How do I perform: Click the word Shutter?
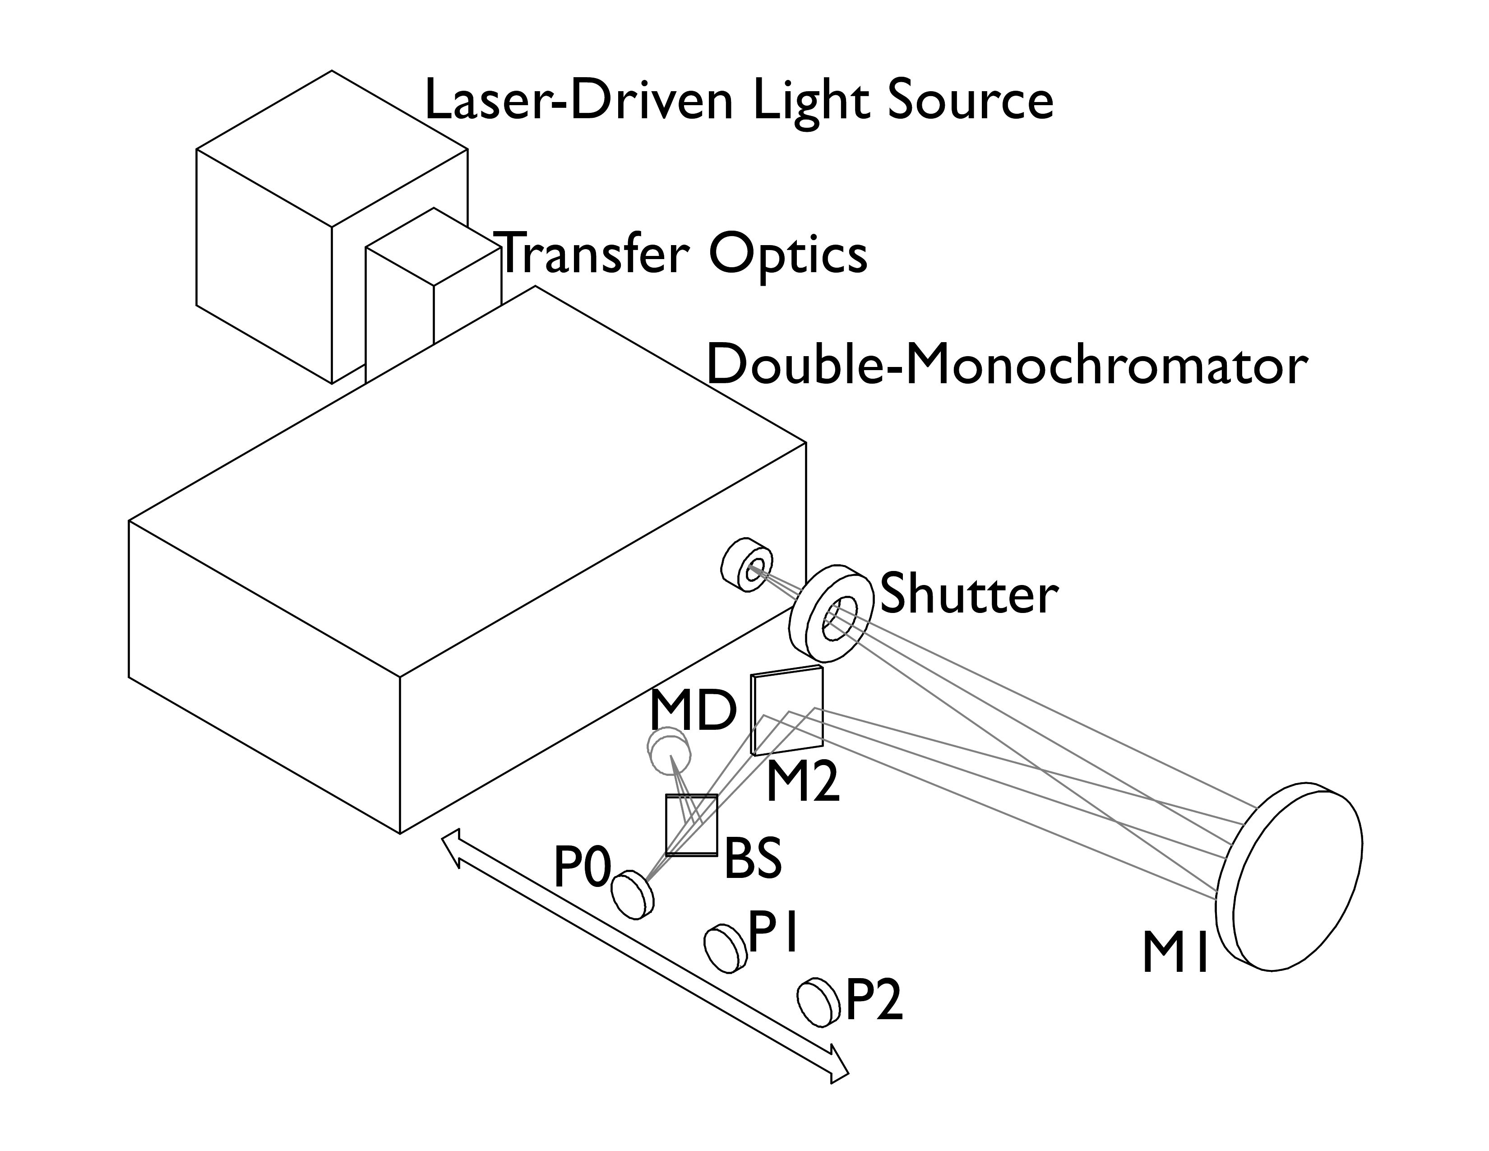969,594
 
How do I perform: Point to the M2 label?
802,783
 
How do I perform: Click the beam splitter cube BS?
691,826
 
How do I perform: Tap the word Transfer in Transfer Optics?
593,253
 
